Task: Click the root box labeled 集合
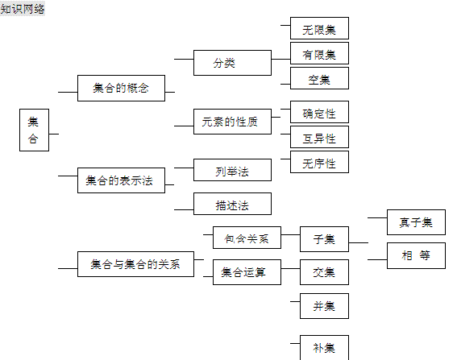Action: point(34,130)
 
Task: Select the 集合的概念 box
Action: point(121,89)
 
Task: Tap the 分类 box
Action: point(233,63)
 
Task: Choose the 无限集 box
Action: point(319,28)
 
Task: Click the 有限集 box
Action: point(319,53)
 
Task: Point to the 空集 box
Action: point(319,78)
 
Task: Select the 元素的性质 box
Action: point(233,122)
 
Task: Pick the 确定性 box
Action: point(319,112)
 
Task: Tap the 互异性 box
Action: point(319,137)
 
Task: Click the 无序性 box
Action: point(319,162)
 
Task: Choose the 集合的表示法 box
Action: point(121,180)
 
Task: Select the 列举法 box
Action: point(233,170)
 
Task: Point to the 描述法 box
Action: point(233,204)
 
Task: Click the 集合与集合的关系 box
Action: point(136,264)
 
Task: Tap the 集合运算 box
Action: point(247,272)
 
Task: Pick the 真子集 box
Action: point(416,222)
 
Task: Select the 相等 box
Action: point(416,256)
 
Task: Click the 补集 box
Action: point(324,347)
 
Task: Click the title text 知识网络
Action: point(23,9)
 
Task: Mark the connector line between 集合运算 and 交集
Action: point(291,268)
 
